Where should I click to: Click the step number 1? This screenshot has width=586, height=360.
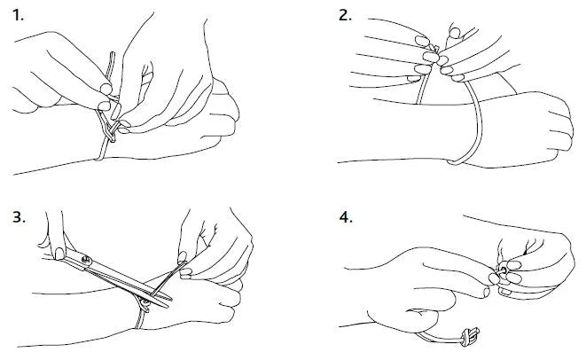[x=18, y=16]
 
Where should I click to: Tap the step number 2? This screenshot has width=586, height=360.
[x=345, y=16]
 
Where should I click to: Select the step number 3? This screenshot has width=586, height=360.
[x=19, y=217]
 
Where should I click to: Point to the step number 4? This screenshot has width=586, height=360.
[x=346, y=217]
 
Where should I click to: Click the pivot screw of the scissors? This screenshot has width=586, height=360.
[x=87, y=260]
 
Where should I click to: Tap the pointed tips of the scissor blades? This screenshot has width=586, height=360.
[x=169, y=302]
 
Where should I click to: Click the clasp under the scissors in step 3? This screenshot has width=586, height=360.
[x=145, y=304]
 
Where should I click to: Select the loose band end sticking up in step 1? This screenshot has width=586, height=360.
[x=110, y=67]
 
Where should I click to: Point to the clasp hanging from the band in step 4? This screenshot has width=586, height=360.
[x=470, y=336]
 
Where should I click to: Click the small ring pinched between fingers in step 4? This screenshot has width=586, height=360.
[x=503, y=270]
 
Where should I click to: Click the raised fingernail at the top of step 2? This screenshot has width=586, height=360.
[x=455, y=33]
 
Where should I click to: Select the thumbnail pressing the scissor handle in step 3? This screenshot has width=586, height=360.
[x=59, y=254]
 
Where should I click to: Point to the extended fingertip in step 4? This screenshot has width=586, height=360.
[x=486, y=292]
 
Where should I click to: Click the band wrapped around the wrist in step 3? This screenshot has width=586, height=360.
[x=141, y=317]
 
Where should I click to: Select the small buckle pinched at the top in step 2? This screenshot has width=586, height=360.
[x=434, y=48]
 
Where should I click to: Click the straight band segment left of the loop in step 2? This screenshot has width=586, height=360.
[x=423, y=85]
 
